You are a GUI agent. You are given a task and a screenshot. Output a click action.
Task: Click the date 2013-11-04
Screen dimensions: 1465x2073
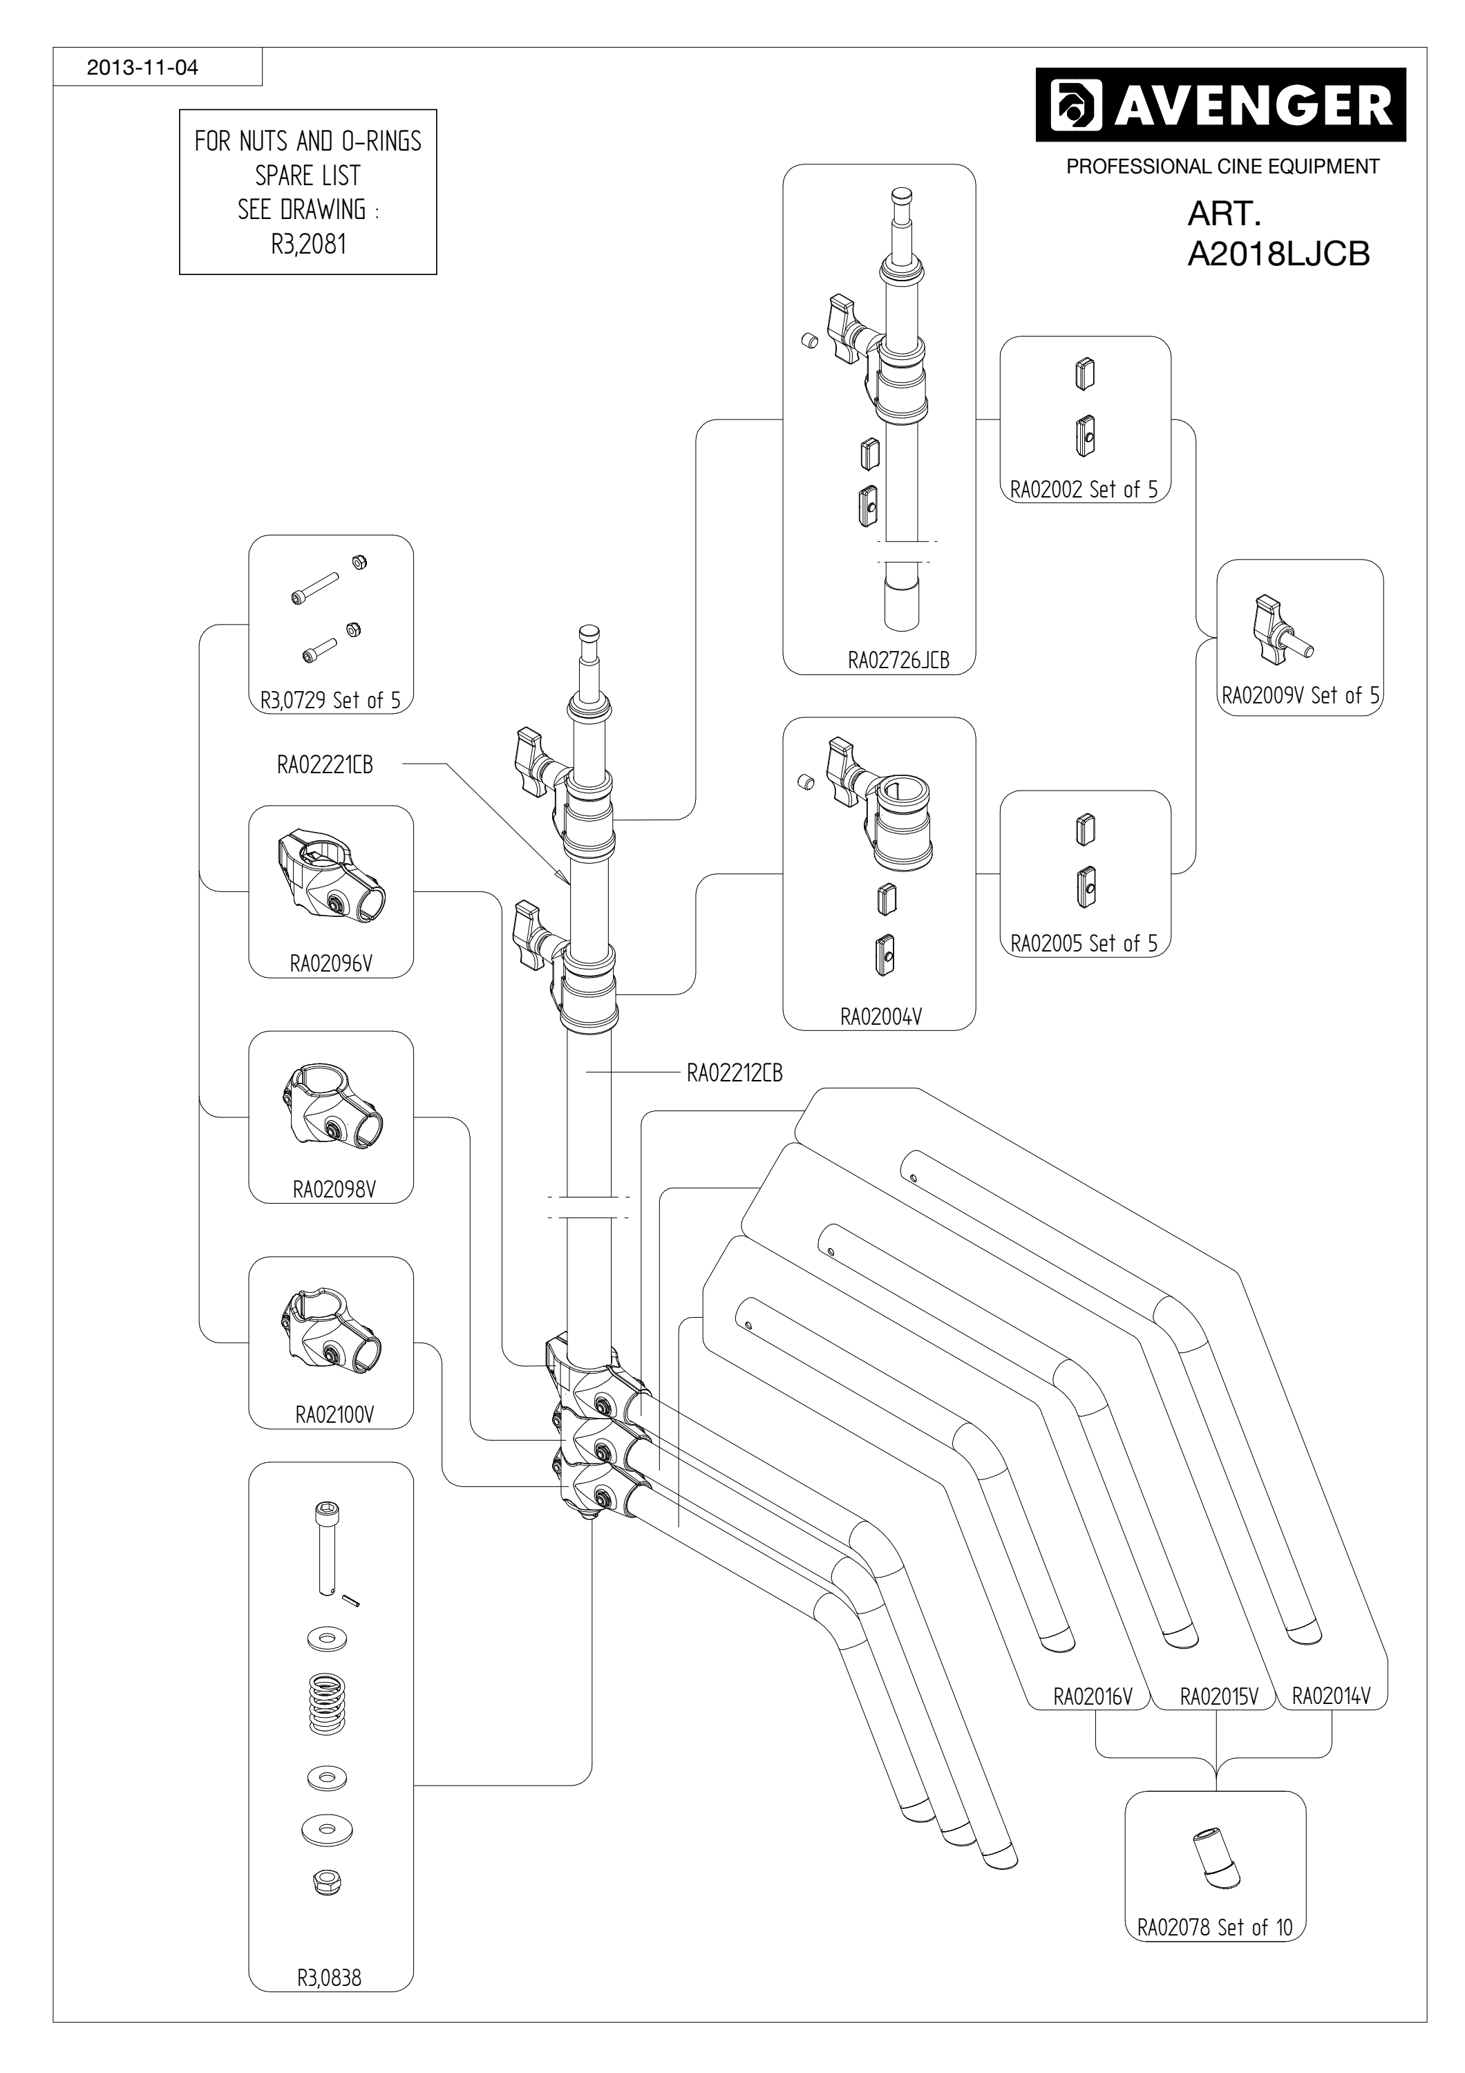(x=142, y=68)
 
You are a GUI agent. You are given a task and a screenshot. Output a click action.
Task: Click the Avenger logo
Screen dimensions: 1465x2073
(x=1220, y=105)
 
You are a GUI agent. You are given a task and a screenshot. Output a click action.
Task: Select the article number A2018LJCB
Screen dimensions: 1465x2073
(x=1278, y=254)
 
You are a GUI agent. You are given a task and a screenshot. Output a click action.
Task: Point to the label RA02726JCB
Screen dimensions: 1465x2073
(x=898, y=660)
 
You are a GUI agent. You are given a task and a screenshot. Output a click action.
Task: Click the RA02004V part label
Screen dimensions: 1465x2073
(x=881, y=1016)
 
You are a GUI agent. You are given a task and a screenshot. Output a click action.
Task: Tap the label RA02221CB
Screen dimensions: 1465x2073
(x=325, y=765)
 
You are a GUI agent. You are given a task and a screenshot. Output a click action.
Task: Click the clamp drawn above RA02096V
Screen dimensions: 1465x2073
(x=330, y=875)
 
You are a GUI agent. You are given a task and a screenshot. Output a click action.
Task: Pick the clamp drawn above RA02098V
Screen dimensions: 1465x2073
(x=330, y=1106)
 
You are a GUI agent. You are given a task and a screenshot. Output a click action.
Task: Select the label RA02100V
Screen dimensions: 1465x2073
(x=334, y=1414)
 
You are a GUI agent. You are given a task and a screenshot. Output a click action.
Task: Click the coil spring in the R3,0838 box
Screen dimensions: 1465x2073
(x=328, y=1704)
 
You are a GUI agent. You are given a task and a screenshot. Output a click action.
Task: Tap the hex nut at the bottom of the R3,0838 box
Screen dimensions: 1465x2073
(x=327, y=1881)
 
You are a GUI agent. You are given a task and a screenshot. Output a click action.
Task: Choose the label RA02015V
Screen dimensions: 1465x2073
(x=1220, y=1696)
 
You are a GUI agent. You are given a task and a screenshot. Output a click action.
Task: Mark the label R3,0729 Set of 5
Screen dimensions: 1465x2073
(x=330, y=700)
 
